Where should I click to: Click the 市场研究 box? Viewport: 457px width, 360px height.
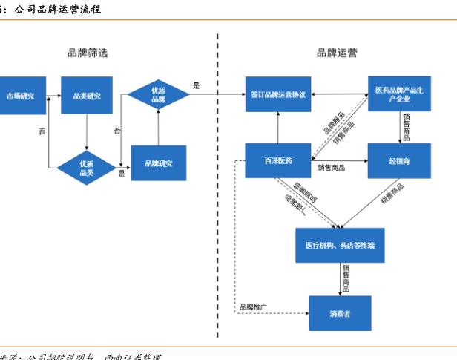point(20,96)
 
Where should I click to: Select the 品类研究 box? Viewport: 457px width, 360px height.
point(87,96)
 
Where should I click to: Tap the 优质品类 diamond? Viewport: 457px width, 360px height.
point(87,168)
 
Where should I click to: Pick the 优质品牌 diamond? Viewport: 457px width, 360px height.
point(158,94)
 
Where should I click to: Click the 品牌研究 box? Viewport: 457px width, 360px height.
point(158,163)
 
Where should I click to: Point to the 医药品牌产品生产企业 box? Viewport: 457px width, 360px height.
point(399,94)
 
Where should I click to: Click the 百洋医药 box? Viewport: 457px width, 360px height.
point(278,160)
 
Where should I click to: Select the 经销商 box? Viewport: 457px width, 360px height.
point(399,160)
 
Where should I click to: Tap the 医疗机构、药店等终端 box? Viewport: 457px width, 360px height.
point(340,245)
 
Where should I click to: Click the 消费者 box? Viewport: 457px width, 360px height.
point(340,313)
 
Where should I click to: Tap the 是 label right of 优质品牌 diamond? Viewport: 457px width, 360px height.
point(196,85)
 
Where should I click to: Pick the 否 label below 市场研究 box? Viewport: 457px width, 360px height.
point(42,131)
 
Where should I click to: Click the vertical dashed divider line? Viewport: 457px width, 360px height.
point(217,186)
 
